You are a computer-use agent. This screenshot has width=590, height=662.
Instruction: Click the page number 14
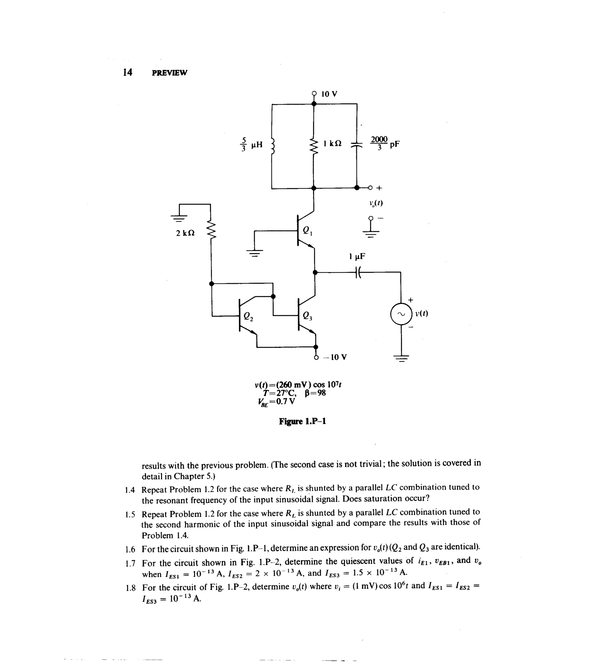point(128,72)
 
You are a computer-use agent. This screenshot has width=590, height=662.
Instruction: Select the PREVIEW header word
point(169,73)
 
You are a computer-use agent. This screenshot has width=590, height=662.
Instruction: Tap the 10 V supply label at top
point(329,94)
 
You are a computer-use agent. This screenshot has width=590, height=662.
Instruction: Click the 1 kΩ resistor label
point(332,143)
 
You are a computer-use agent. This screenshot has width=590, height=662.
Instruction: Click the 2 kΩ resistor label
point(185,233)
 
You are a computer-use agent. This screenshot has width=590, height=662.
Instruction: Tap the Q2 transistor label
point(248,316)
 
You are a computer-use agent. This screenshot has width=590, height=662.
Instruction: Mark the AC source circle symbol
point(401,314)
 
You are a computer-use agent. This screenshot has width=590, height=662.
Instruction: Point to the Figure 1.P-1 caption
point(302,421)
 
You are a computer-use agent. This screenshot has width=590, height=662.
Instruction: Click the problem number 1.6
point(130,549)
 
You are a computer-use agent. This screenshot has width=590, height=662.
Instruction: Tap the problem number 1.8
point(130,587)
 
